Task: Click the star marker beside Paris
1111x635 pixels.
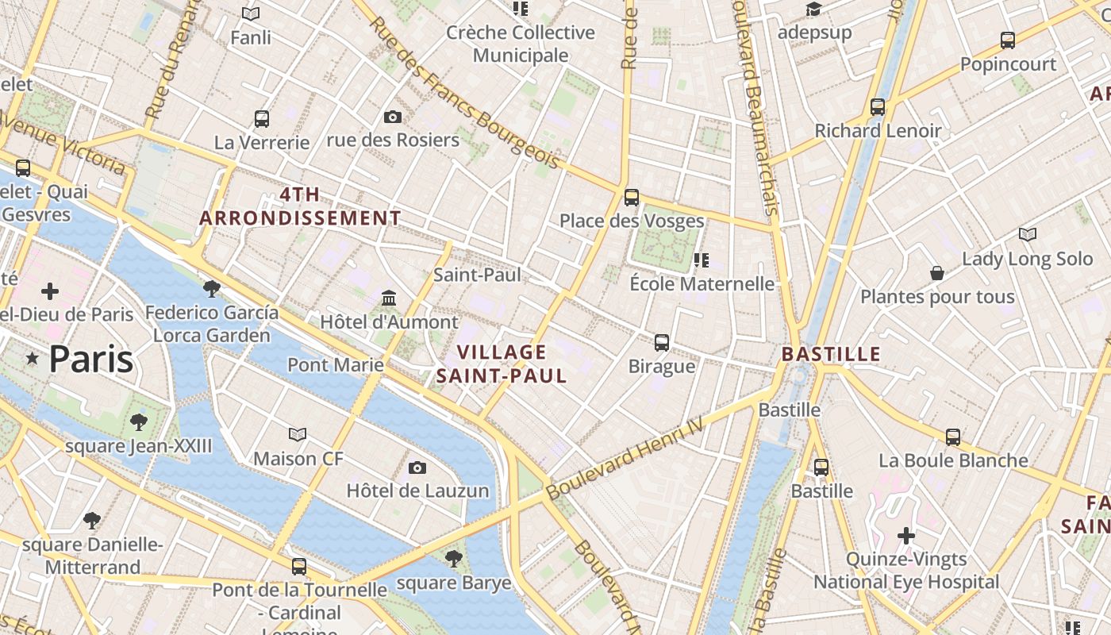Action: pos(33,360)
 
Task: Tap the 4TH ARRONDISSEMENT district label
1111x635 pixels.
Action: pos(300,206)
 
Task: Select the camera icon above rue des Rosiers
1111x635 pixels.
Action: pos(392,117)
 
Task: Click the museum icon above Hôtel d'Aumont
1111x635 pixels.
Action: pos(389,298)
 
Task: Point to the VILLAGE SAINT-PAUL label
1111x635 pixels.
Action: pos(502,364)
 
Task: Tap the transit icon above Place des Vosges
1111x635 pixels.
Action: pos(632,197)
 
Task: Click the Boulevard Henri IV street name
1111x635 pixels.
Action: pos(625,460)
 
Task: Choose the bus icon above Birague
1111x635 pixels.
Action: pos(662,343)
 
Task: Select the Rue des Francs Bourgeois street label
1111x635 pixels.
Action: pos(464,93)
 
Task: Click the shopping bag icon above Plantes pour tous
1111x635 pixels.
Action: pos(937,273)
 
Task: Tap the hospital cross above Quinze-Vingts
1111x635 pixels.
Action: pos(906,536)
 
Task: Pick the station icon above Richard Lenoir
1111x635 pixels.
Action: pos(878,106)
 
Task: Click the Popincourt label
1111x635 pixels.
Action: pos(1008,64)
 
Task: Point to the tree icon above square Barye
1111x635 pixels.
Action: pos(454,559)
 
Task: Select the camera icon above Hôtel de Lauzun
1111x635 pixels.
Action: pos(417,468)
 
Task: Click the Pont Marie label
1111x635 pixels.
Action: pos(336,365)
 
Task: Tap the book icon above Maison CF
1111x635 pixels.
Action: pos(298,435)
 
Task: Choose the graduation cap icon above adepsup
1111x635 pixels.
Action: pos(814,10)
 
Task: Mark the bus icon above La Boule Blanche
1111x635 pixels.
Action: pos(953,437)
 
